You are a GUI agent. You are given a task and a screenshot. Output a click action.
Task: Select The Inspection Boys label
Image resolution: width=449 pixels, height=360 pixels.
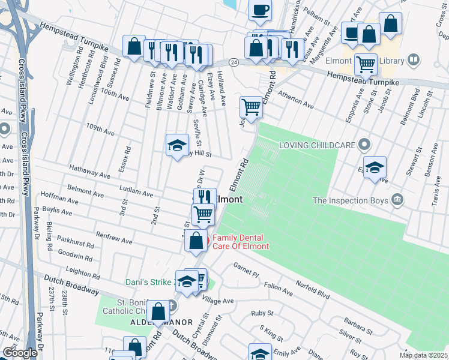tap(351, 200)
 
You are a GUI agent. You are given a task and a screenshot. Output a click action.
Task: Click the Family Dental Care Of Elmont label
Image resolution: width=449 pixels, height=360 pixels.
tap(239, 242)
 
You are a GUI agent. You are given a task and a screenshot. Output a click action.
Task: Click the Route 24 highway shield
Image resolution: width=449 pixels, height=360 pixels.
tap(234, 62)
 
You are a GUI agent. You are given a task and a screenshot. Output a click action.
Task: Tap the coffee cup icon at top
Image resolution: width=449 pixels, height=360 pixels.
tap(260, 11)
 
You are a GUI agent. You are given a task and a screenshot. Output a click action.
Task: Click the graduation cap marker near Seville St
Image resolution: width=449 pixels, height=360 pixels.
tap(177, 145)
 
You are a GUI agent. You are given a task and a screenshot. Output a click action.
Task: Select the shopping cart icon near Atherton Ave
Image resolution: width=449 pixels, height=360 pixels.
tap(251, 108)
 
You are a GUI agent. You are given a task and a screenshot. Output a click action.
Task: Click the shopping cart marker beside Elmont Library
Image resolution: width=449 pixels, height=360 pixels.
tap(366, 64)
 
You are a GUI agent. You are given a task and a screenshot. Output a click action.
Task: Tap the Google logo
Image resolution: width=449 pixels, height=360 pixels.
tap(20, 353)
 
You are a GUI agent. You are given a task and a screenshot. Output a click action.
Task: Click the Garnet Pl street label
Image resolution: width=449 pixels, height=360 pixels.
tap(246, 269)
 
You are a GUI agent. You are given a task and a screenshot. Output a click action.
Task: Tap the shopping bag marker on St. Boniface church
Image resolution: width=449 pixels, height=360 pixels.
tap(158, 312)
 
